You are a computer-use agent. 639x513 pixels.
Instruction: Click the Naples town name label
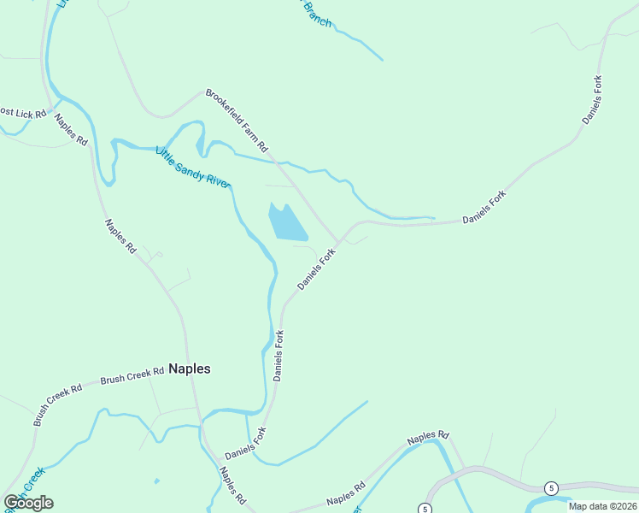(x=189, y=369)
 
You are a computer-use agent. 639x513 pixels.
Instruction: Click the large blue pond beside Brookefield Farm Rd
(x=286, y=222)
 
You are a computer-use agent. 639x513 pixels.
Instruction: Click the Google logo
(x=28, y=503)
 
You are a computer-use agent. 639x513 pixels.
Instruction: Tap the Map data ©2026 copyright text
(x=603, y=506)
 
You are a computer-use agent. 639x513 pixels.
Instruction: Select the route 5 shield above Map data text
(x=552, y=488)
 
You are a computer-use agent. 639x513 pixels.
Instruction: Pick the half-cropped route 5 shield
(x=425, y=509)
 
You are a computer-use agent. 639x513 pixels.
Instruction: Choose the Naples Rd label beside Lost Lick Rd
(x=71, y=129)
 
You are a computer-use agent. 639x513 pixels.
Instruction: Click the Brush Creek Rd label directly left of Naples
(x=132, y=375)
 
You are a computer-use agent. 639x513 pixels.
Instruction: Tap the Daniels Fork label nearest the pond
(x=317, y=268)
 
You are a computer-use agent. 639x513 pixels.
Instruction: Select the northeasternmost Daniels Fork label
(x=593, y=100)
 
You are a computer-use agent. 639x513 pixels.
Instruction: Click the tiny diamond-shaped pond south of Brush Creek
(x=155, y=481)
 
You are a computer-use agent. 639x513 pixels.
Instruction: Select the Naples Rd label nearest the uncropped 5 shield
(x=427, y=438)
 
